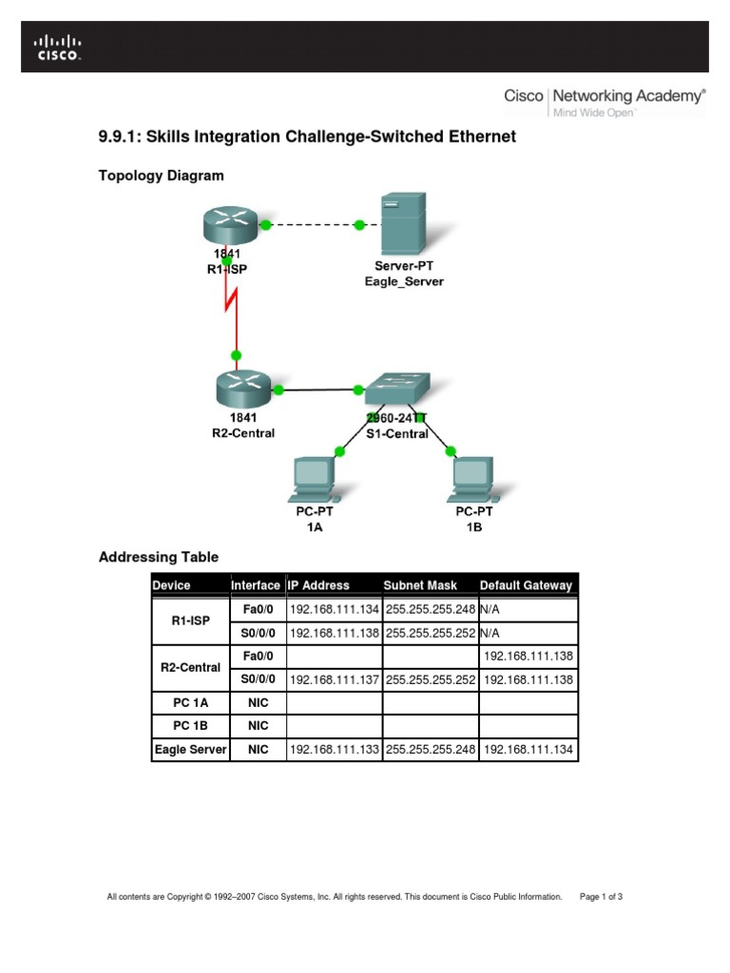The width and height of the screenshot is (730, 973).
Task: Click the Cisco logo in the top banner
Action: [59, 47]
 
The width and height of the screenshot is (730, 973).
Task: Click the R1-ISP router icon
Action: [230, 225]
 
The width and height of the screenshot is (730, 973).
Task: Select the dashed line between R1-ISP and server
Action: [313, 225]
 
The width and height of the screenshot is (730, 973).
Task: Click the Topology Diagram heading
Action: [162, 175]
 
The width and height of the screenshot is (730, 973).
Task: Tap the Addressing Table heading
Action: [159, 557]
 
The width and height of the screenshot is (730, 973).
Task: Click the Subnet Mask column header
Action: [420, 585]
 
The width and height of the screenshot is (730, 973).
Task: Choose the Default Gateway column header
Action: [527, 585]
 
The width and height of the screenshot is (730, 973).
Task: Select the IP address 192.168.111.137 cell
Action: [335, 679]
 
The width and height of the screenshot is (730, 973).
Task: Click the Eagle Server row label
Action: [191, 750]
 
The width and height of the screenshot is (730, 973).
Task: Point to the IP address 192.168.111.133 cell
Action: [335, 750]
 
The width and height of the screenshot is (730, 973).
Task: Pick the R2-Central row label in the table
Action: [191, 668]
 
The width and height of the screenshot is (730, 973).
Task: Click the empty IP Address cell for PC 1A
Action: [335, 703]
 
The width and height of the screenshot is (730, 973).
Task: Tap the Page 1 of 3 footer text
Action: [601, 896]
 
